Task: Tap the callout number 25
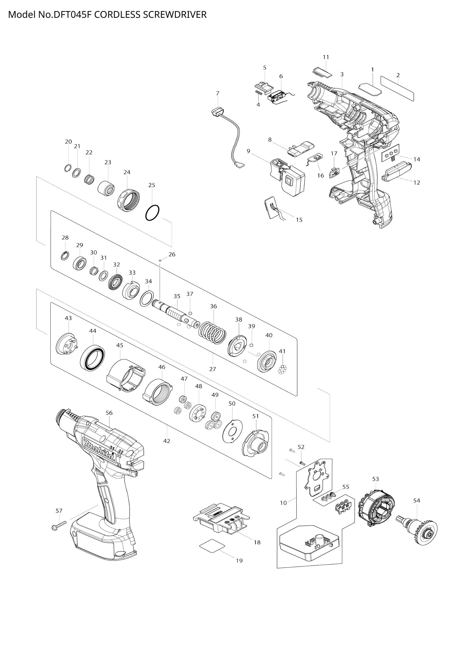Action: (x=152, y=185)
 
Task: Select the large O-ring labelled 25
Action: (x=152, y=213)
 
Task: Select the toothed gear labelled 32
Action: (x=116, y=282)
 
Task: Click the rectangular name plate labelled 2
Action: (x=397, y=89)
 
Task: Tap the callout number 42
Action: (x=167, y=441)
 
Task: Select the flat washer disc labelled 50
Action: (x=232, y=431)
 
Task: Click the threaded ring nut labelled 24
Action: (x=129, y=200)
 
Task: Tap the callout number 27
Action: (x=212, y=369)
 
